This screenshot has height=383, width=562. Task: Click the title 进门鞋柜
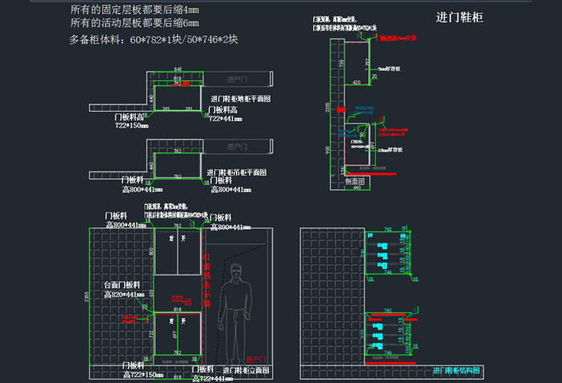(x=459, y=17)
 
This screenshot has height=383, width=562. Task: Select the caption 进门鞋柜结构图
(x=456, y=370)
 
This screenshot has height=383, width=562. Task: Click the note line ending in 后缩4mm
(x=135, y=10)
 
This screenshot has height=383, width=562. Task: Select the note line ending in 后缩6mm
(x=135, y=24)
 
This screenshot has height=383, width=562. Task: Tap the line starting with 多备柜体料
(x=153, y=39)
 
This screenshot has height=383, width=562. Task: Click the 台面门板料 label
(x=122, y=285)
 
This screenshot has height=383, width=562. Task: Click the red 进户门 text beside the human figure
(x=256, y=359)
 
